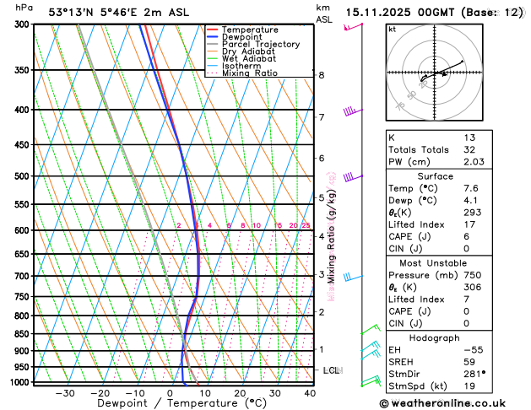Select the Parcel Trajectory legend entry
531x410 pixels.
tap(260, 44)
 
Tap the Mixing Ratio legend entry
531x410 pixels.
tap(249, 73)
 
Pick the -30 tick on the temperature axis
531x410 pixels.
tap(65, 393)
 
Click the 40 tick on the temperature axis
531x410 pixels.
tap(310, 393)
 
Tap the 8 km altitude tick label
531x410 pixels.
tap(322, 75)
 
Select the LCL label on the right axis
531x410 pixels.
tap(332, 370)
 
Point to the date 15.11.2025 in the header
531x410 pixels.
tap(383, 12)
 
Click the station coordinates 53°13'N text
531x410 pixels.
tap(72, 12)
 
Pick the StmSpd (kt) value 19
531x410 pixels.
tap(469, 386)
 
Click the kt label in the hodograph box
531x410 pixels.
tap(392, 29)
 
